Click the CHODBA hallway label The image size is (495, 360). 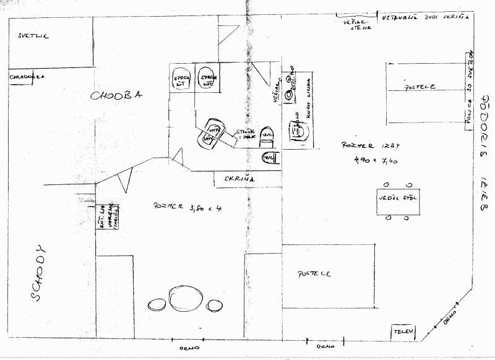(x=117, y=95)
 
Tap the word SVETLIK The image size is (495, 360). (x=33, y=36)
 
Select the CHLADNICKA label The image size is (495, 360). (x=27, y=77)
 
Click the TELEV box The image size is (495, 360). (x=402, y=333)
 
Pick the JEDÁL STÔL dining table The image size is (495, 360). (x=396, y=200)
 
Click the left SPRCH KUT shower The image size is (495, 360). (x=181, y=79)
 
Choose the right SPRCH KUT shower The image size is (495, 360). (x=206, y=79)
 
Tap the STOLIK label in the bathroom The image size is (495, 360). (x=246, y=134)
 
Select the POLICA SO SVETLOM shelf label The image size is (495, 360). (x=470, y=87)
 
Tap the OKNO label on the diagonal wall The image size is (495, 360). (x=450, y=316)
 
